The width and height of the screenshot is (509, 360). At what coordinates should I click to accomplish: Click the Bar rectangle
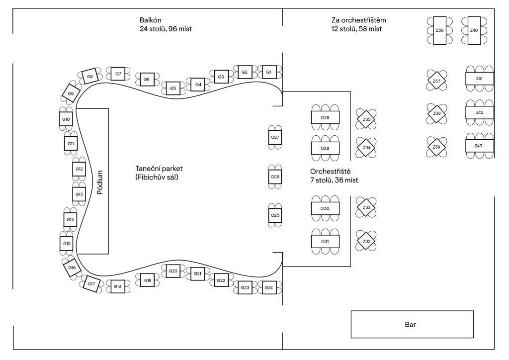pyautogui.click(x=412, y=324)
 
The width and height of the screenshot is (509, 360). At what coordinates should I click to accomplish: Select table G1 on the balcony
pyautogui.click(x=269, y=72)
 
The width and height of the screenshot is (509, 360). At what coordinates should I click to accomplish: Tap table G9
pyautogui.click(x=71, y=93)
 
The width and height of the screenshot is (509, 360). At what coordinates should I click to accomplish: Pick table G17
pyautogui.click(x=91, y=284)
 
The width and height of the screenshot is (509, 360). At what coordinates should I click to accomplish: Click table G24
pyautogui.click(x=269, y=287)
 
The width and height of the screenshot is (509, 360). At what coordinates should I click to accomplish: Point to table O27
pyautogui.click(x=275, y=137)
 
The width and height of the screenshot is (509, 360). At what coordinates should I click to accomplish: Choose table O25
pyautogui.click(x=275, y=215)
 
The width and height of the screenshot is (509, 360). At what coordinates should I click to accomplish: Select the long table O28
pyautogui.click(x=325, y=117)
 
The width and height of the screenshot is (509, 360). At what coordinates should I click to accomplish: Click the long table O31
pyautogui.click(x=325, y=242)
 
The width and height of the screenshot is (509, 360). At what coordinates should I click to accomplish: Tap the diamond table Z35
pyautogui.click(x=366, y=119)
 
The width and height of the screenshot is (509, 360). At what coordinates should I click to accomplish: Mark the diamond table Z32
pyautogui.click(x=366, y=241)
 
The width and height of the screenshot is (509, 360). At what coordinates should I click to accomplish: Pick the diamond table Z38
pyautogui.click(x=437, y=113)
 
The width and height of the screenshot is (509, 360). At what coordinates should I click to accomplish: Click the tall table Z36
pyautogui.click(x=439, y=30)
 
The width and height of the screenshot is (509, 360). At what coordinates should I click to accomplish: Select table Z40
pyautogui.click(x=474, y=30)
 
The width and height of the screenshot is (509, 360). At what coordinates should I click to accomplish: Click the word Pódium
pyautogui.click(x=100, y=182)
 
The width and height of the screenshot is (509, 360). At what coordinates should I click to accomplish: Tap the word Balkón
pyautogui.click(x=151, y=20)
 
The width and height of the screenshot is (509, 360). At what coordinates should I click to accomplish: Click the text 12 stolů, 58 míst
pyautogui.click(x=356, y=29)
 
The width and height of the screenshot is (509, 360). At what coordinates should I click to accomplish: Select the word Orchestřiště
pyautogui.click(x=330, y=172)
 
